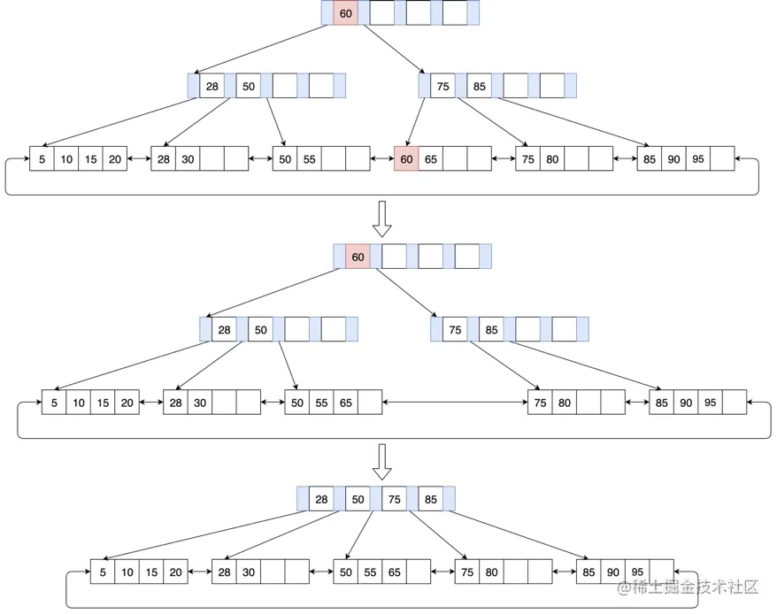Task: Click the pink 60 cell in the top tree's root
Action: (345, 13)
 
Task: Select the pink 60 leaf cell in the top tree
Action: (406, 159)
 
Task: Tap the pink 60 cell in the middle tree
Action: (358, 257)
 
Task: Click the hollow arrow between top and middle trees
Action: (381, 219)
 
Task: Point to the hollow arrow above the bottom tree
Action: (381, 462)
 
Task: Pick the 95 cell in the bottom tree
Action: (636, 572)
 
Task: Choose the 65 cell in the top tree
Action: (431, 159)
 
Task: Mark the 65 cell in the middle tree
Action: (345, 403)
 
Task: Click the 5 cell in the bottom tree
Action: (103, 572)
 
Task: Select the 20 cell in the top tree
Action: (115, 159)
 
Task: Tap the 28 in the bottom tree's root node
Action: (321, 500)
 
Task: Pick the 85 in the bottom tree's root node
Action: (430, 500)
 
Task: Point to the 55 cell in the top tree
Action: (309, 159)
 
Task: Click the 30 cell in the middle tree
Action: (200, 403)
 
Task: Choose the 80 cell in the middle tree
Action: (564, 403)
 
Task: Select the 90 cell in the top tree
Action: (673, 159)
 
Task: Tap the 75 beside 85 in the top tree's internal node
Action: (442, 87)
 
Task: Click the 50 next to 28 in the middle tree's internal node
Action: (260, 330)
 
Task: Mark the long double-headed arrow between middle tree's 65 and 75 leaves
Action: (455, 403)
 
